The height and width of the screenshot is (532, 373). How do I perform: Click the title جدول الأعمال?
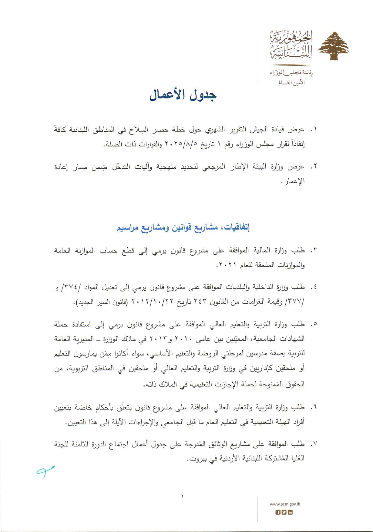point(183,95)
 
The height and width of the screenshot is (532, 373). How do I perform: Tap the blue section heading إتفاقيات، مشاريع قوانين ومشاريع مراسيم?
point(183,227)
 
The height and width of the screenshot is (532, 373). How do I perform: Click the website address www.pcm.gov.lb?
point(284,504)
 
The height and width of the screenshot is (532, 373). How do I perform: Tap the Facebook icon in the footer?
point(278,512)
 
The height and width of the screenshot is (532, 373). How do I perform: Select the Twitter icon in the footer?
point(284,512)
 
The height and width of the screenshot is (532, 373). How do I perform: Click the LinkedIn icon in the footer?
point(290,512)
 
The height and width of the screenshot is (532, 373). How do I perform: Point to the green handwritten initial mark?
point(45,471)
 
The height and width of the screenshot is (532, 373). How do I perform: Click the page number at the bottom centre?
point(182,496)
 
